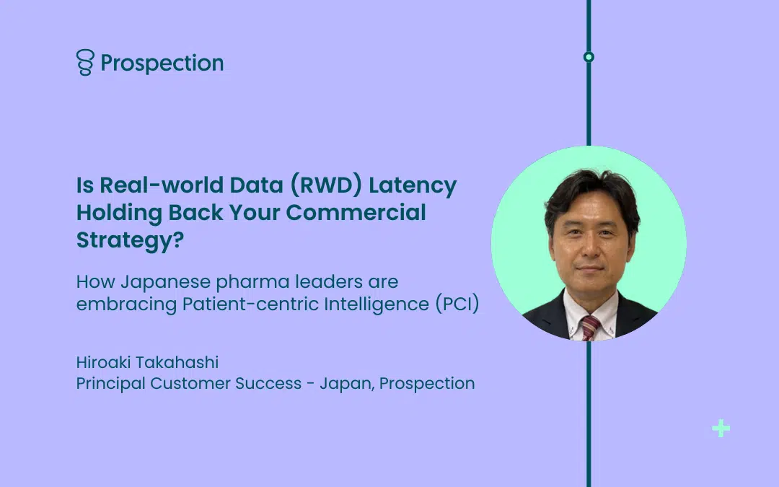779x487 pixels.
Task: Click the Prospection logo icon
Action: (85, 62)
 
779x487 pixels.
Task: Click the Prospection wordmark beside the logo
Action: (162, 63)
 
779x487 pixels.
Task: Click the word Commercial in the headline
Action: (356, 212)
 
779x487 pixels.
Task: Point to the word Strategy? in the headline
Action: (130, 240)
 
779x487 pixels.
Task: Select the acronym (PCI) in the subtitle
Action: (457, 304)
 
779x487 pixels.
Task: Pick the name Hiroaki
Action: (103, 362)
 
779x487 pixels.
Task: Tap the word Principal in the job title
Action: (111, 384)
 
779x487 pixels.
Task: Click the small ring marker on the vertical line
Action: (589, 57)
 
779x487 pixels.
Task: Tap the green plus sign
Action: (721, 429)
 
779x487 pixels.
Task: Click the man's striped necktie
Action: (590, 328)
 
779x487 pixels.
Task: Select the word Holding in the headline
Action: (119, 213)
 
